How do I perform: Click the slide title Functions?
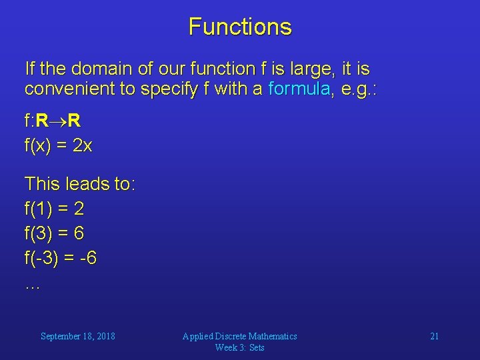coord(240,27)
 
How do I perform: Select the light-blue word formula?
coord(299,89)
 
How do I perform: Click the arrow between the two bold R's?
coord(57,121)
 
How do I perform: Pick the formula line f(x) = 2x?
coord(58,146)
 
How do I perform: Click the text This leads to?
coord(79,183)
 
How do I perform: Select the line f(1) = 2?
coord(54,209)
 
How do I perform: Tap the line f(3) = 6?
coord(54,233)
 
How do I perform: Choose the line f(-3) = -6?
coord(60,258)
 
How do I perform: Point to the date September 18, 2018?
coord(77,336)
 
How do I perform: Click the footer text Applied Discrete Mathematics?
coord(240,336)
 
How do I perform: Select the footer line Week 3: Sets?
coord(240,347)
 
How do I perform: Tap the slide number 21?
coord(434,336)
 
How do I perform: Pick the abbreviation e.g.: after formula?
coord(358,89)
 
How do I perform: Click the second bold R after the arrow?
coord(74,121)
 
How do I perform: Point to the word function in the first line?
coord(215,69)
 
